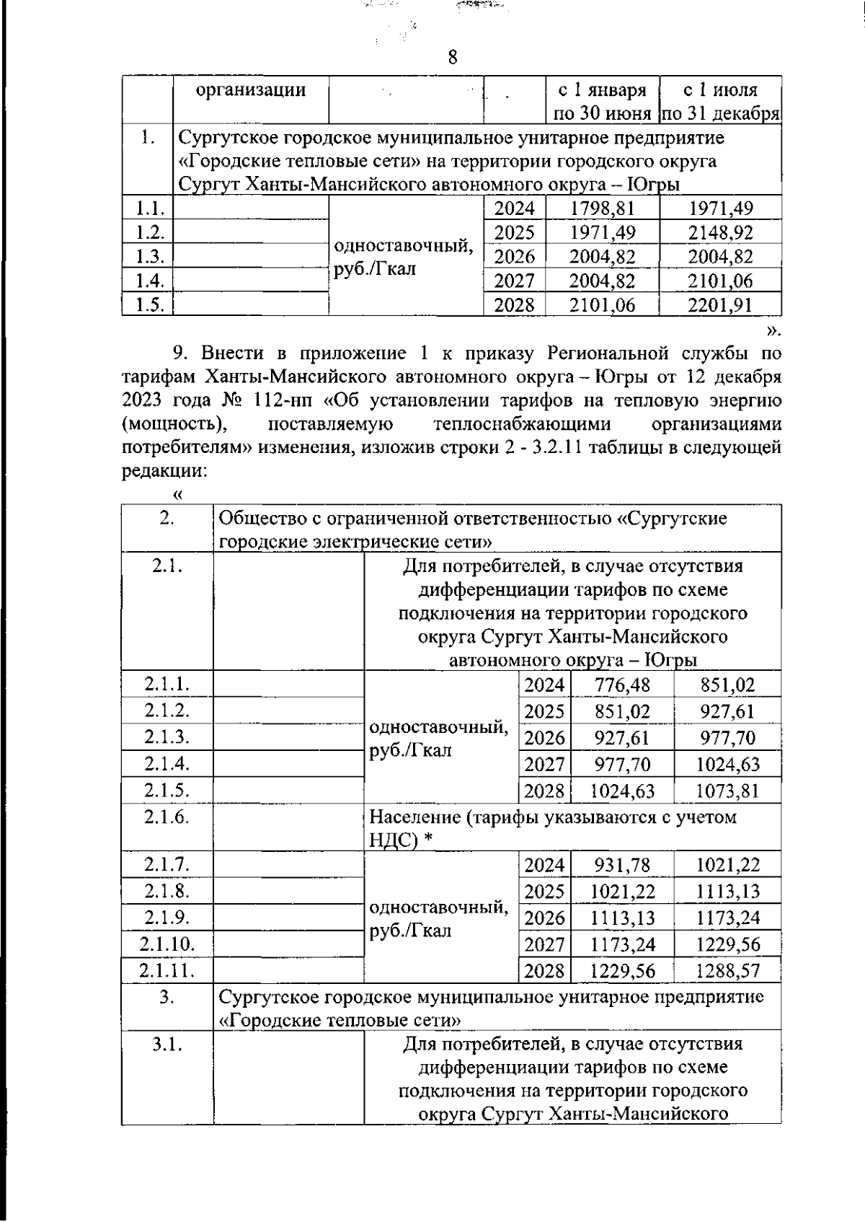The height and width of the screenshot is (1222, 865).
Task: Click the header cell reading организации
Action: pyautogui.click(x=251, y=90)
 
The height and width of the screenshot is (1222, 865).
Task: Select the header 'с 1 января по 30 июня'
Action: pyautogui.click(x=603, y=102)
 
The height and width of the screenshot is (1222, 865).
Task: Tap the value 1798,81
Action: pyautogui.click(x=602, y=208)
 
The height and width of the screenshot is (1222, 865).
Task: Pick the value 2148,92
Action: pyautogui.click(x=720, y=233)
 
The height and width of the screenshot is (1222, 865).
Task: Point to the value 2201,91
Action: pyautogui.click(x=720, y=305)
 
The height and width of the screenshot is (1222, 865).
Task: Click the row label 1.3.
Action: pyautogui.click(x=150, y=257)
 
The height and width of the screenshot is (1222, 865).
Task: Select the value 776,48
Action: pyautogui.click(x=622, y=684)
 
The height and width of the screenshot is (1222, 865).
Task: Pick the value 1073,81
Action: pyautogui.click(x=727, y=791)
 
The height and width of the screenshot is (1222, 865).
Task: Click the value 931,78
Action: pyautogui.click(x=622, y=863)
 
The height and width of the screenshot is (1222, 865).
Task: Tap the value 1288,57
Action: pyautogui.click(x=727, y=971)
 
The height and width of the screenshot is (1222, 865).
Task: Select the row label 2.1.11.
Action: pyautogui.click(x=167, y=970)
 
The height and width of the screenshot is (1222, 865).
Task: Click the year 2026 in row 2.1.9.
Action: pyautogui.click(x=544, y=918)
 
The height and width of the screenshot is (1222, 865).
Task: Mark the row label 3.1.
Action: pyautogui.click(x=167, y=1044)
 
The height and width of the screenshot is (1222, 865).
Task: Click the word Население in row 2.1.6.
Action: pyautogui.click(x=414, y=817)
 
